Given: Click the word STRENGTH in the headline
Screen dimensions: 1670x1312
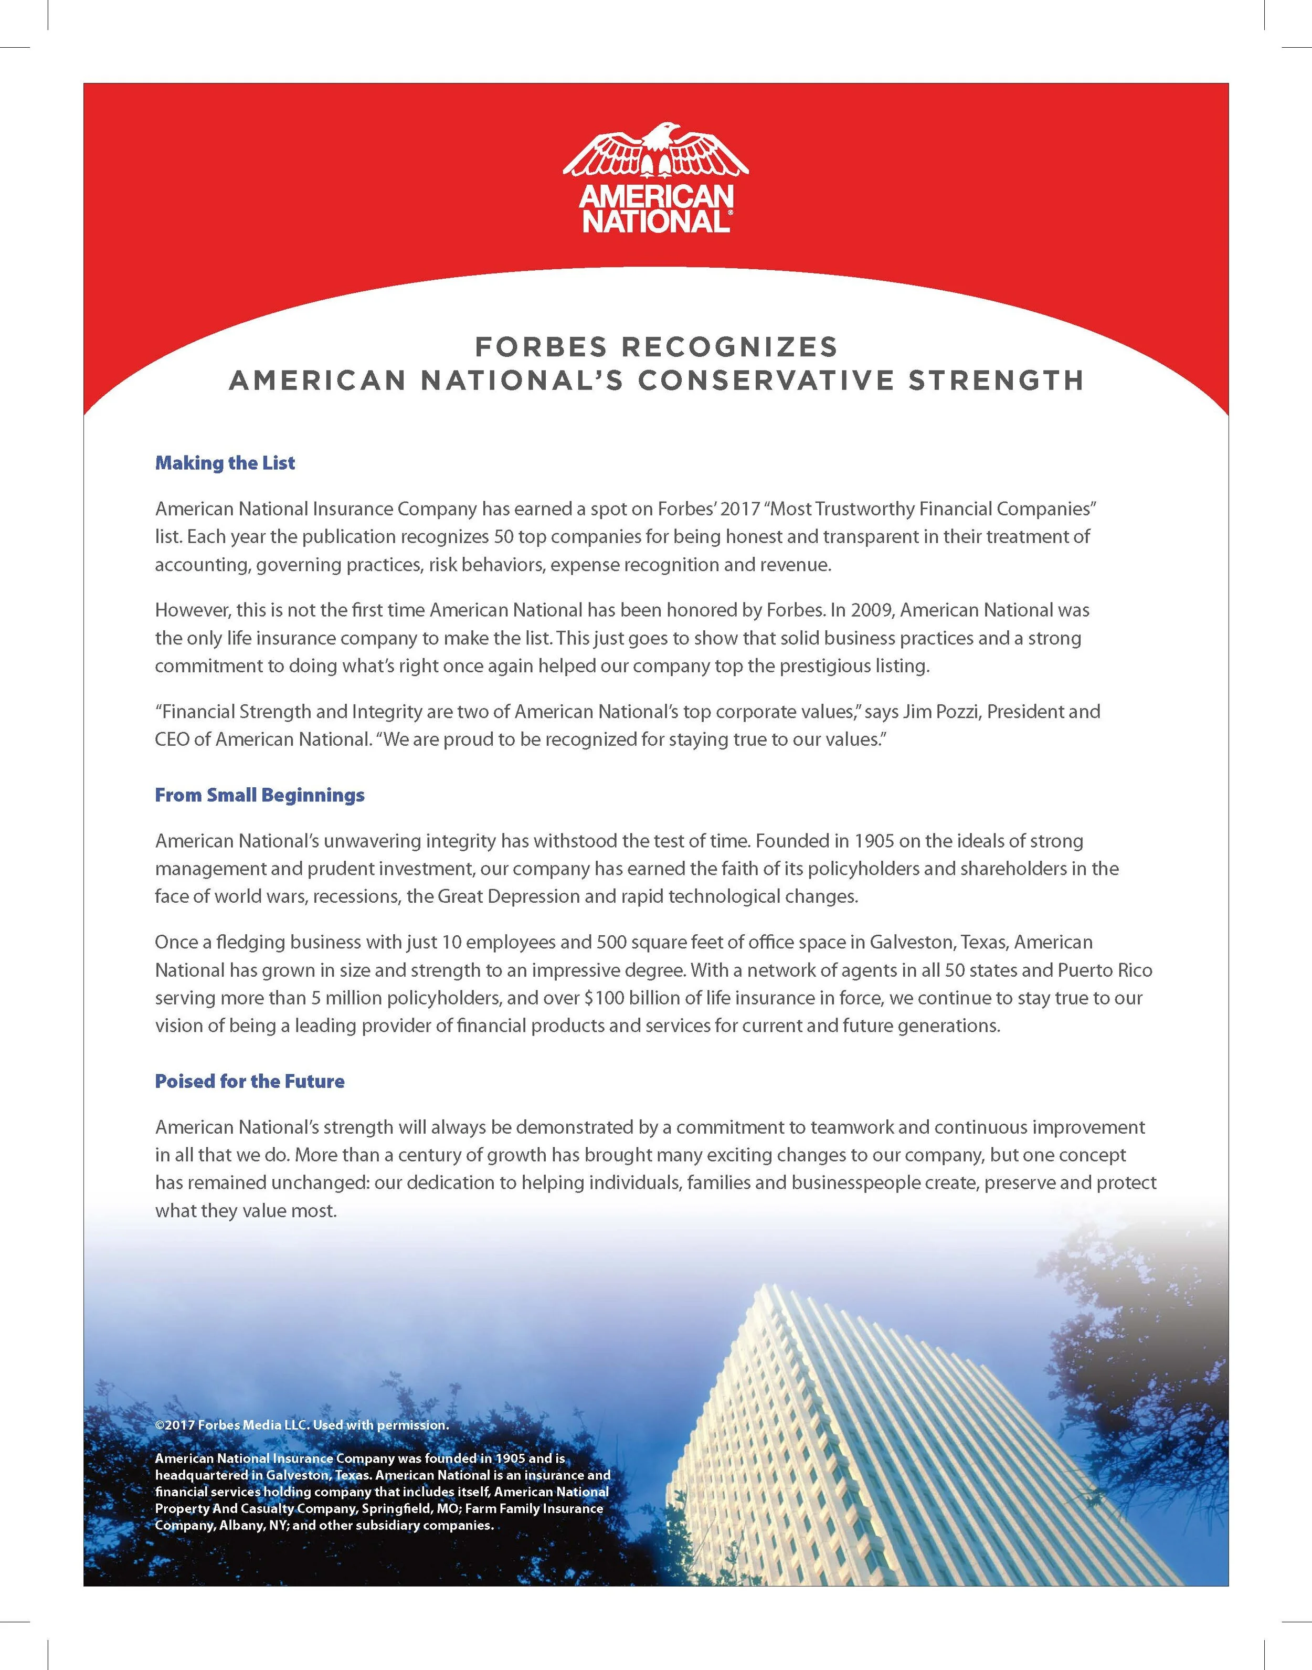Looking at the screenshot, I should tap(996, 381).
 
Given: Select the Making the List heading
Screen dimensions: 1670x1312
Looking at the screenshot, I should tap(225, 463).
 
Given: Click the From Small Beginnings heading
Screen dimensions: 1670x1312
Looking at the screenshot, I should tap(260, 795).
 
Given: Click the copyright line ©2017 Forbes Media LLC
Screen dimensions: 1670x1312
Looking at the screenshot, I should tap(301, 1425).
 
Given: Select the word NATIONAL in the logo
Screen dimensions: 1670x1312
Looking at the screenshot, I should tap(653, 222).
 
